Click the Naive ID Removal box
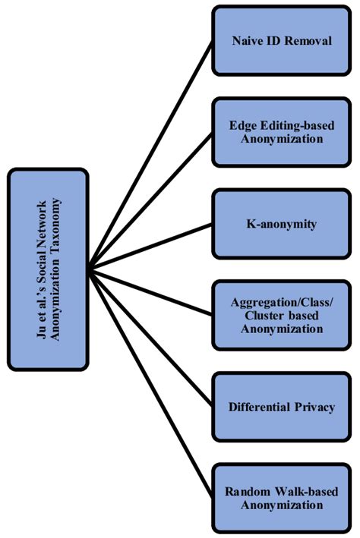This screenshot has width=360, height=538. click(282, 40)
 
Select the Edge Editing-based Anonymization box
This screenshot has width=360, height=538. click(282, 131)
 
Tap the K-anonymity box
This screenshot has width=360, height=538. click(282, 224)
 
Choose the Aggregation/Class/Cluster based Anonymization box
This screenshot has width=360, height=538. click(282, 315)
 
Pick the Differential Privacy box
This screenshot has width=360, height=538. click(282, 407)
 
